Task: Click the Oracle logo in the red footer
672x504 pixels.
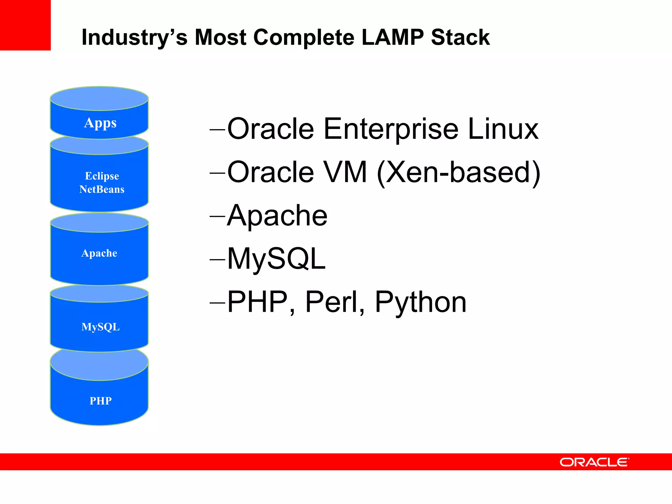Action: (594, 462)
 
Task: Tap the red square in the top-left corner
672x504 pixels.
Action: (25, 25)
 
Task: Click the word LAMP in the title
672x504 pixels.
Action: (392, 37)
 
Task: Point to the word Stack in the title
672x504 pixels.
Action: (460, 37)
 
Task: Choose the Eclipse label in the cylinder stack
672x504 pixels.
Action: (102, 176)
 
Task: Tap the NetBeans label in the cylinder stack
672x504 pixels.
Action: (102, 189)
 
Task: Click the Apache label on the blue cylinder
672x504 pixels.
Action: (99, 253)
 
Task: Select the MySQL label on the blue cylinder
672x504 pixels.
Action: (100, 327)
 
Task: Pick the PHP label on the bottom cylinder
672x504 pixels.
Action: (100, 401)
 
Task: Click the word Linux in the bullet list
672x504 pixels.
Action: (503, 129)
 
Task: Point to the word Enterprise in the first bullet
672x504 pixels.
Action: (391, 129)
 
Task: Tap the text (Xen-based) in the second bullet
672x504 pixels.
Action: (458, 172)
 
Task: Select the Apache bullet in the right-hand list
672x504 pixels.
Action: (277, 216)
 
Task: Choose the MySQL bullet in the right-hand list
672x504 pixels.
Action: (276, 259)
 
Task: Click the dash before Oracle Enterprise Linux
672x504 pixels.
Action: (217, 130)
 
